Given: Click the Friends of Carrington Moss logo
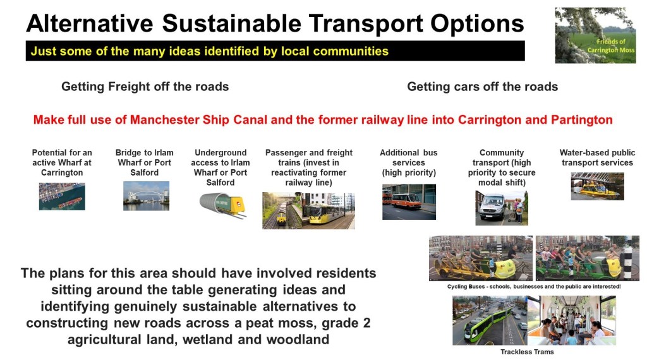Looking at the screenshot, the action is click(x=595, y=35).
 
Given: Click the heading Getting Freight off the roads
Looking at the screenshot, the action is click(x=145, y=87).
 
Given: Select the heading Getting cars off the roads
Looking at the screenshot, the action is click(x=482, y=87).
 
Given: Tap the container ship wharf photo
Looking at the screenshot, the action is click(x=62, y=196).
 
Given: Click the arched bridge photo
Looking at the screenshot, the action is click(x=146, y=196).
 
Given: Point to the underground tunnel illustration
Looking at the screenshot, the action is click(x=222, y=205).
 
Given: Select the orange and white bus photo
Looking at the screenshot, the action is click(x=409, y=201).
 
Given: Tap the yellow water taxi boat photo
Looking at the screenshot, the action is click(x=597, y=186).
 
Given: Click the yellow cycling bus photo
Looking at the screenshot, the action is click(x=481, y=258).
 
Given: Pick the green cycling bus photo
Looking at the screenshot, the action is click(x=587, y=258).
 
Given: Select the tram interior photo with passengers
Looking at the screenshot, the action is click(x=571, y=320).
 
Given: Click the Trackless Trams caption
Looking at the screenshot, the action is click(x=527, y=352).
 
